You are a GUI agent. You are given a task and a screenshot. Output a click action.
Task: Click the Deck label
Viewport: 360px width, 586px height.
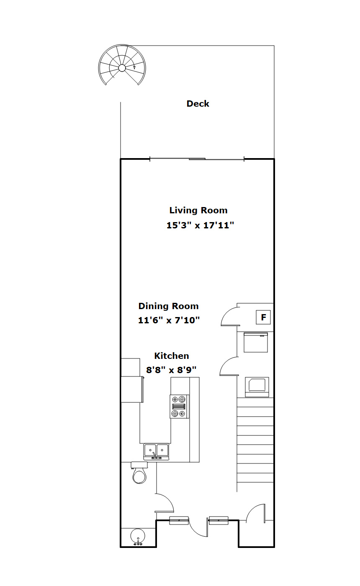click(x=198, y=104)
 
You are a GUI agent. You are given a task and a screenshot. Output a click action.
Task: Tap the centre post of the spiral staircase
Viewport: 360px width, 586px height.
click(x=122, y=68)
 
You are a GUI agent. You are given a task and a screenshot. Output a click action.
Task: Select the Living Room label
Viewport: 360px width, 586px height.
click(x=198, y=210)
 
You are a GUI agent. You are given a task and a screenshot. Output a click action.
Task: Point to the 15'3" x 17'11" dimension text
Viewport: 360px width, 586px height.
click(x=200, y=225)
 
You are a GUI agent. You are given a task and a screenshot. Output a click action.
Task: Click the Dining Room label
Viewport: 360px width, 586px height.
click(x=168, y=306)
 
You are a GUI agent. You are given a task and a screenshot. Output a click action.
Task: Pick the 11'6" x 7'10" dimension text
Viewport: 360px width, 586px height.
click(x=169, y=320)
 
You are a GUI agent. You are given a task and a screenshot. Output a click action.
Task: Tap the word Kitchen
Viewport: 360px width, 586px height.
click(x=172, y=356)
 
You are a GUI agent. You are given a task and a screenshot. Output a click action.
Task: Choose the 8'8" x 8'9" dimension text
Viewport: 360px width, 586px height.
click(x=171, y=370)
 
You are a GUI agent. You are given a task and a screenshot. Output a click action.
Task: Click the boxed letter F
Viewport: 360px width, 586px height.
click(x=263, y=317)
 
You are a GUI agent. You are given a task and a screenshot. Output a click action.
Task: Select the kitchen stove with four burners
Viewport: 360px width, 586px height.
click(x=179, y=407)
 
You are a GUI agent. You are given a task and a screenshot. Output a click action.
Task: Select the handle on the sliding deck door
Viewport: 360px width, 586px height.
click(x=197, y=159)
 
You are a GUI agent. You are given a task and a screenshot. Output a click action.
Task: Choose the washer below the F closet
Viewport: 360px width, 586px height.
click(x=255, y=342)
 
